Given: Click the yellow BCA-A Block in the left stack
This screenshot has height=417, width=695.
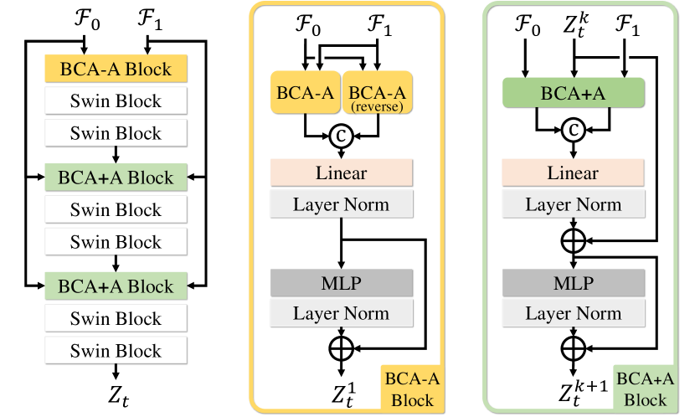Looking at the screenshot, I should pos(115,69).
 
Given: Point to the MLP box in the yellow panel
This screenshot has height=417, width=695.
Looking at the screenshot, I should pos(341,282).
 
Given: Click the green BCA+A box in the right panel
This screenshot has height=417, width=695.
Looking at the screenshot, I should pos(573,94).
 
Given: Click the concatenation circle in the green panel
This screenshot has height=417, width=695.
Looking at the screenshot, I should pos(574,131).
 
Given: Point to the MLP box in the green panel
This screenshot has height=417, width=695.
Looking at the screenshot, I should pos(574,282).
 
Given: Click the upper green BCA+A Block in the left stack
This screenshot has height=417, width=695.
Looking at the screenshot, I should pos(115,178).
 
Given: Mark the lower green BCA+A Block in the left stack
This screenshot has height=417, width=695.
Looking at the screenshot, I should pos(115,286).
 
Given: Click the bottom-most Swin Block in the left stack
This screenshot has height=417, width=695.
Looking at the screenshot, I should pos(115,351).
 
